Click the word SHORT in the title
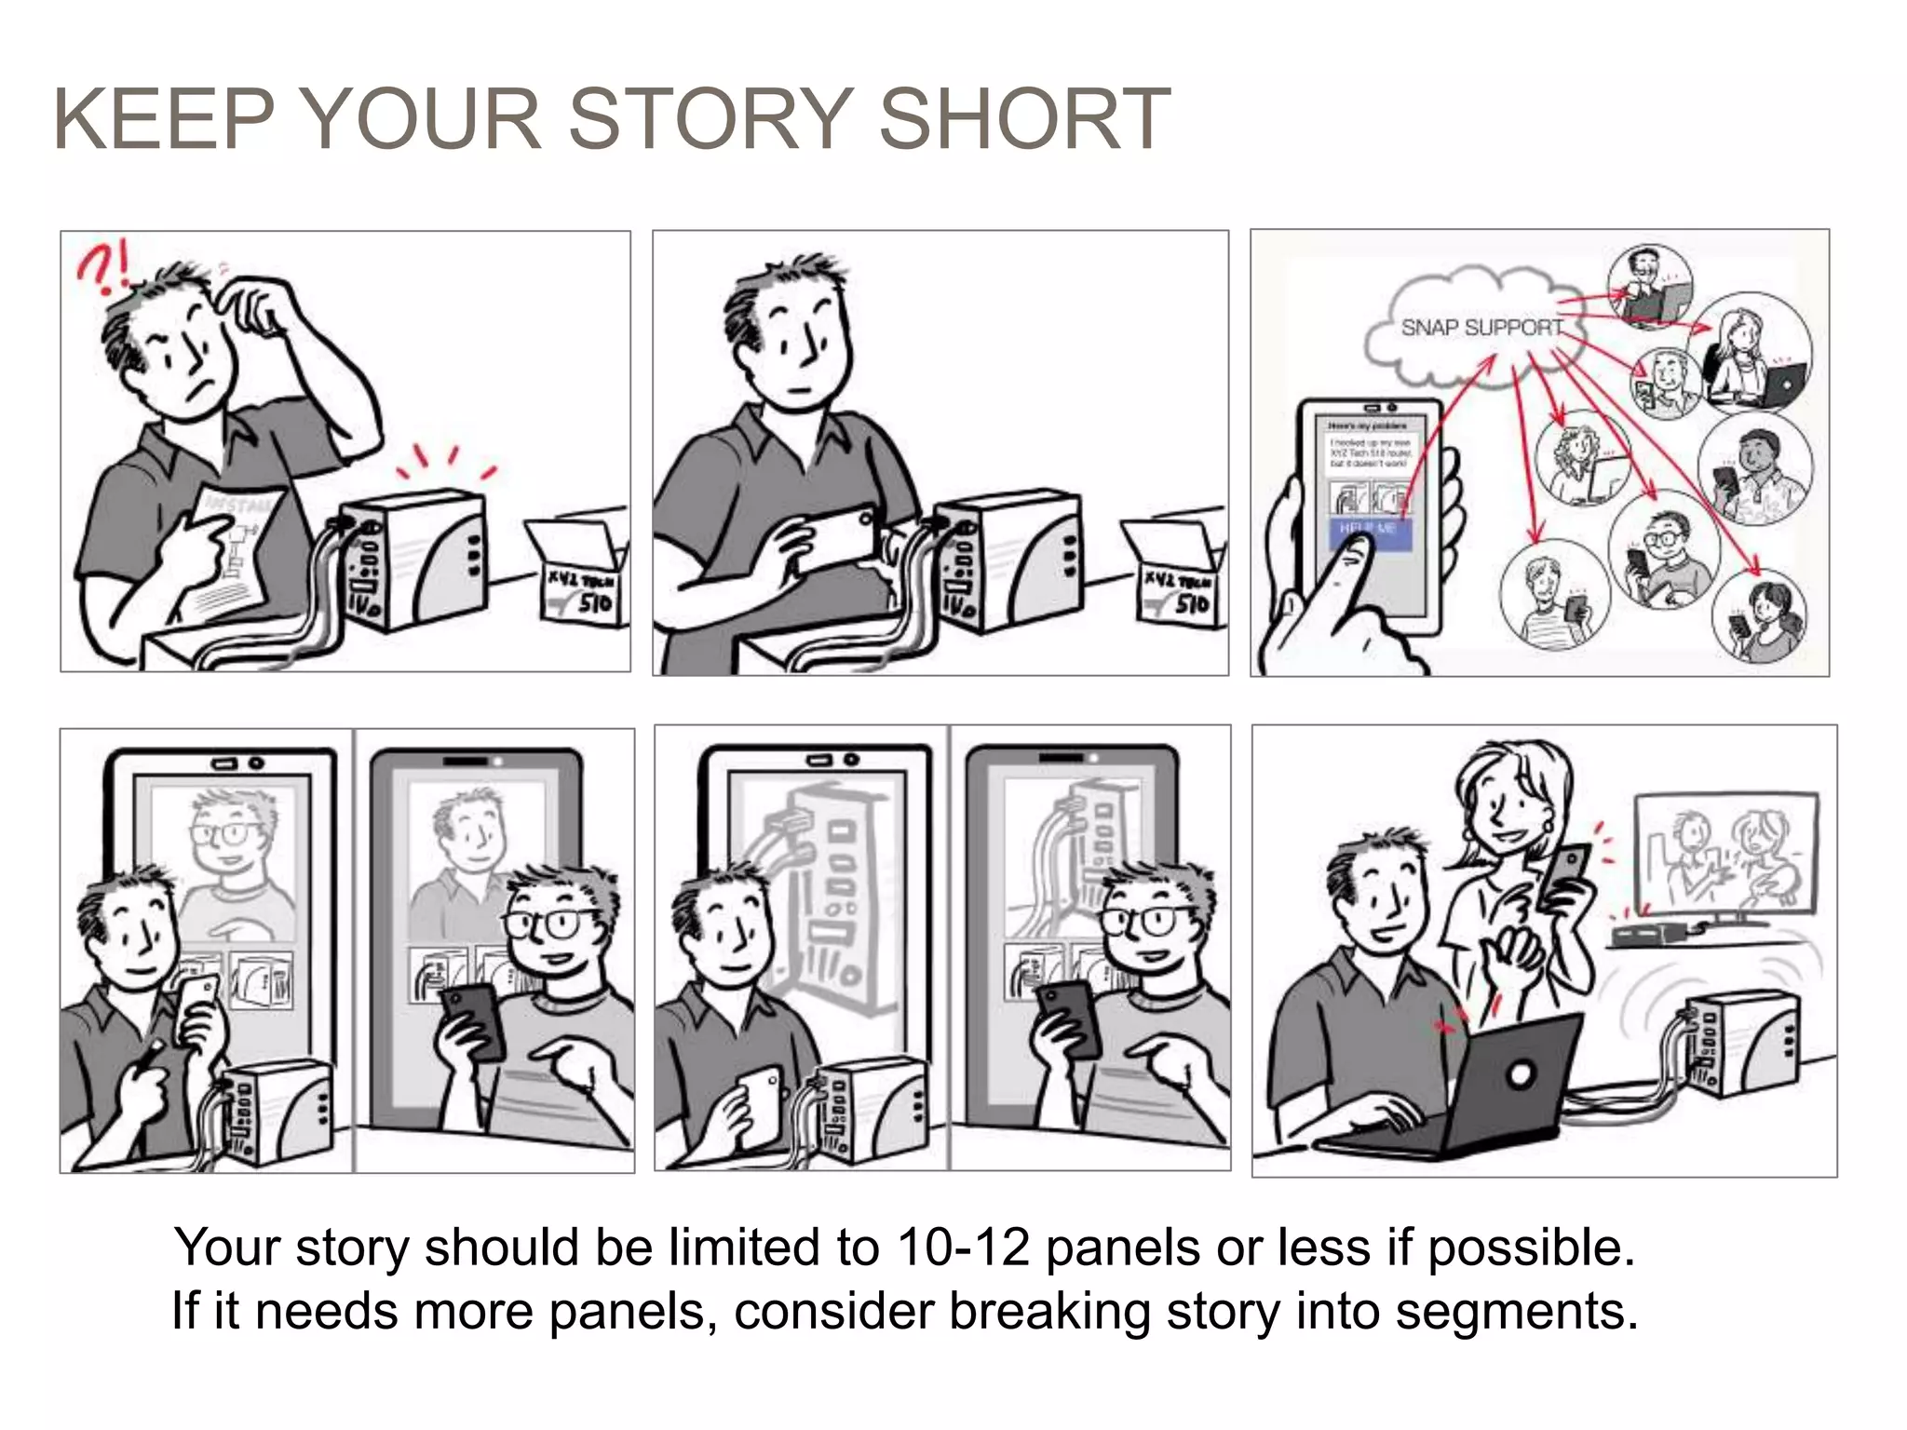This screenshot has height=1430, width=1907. point(1024,118)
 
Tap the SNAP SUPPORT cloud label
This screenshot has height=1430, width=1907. point(1481,328)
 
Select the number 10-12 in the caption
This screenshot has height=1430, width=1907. point(964,1248)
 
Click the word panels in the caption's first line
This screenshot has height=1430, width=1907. point(1122,1248)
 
